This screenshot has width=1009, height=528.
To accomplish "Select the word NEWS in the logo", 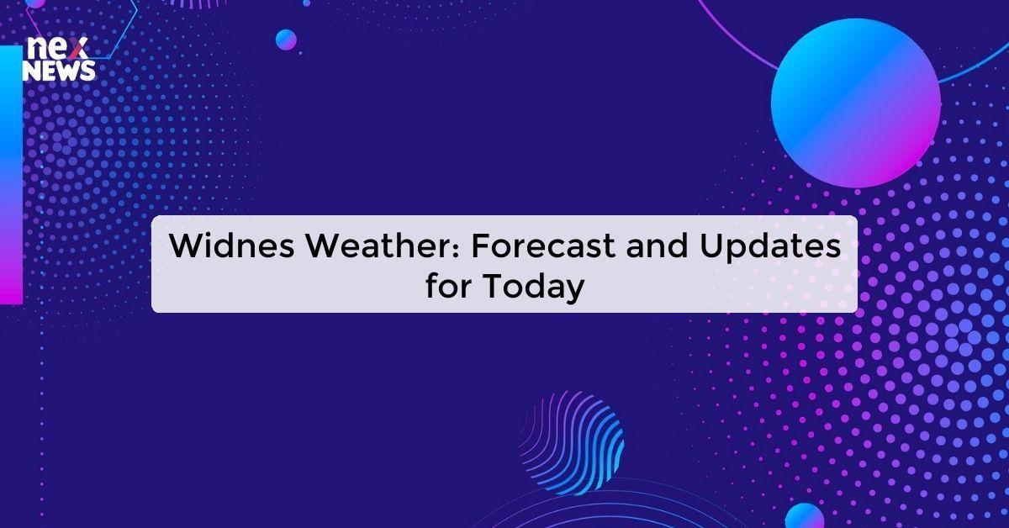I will click(59, 72).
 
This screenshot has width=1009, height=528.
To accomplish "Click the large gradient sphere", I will click(855, 103).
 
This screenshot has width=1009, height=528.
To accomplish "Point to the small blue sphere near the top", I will click(286, 39).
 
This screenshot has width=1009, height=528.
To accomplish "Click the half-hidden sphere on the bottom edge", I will click(804, 516).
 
